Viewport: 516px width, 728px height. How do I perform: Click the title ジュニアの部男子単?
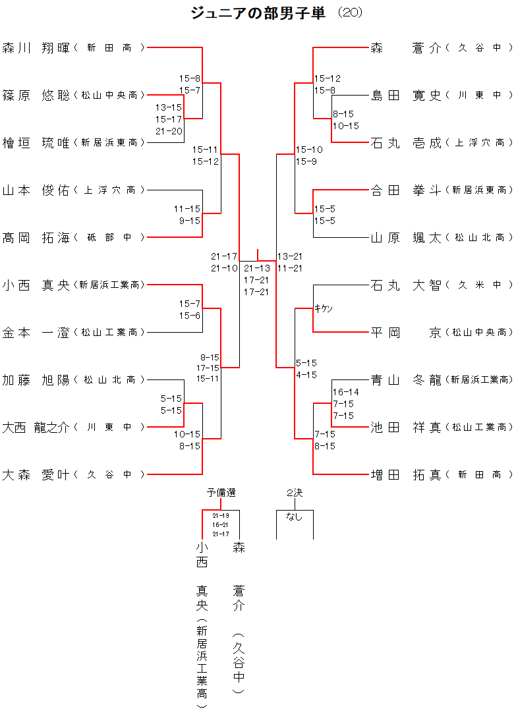(x=258, y=13)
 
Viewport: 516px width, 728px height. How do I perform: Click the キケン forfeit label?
(x=324, y=308)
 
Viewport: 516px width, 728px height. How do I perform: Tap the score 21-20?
(x=169, y=131)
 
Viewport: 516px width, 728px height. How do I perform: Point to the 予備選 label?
(x=221, y=492)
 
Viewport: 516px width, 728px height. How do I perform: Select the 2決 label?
(x=295, y=492)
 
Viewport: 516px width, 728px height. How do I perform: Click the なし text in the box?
(x=294, y=517)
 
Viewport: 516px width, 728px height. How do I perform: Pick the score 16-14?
(x=346, y=392)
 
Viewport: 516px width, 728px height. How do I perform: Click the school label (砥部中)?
(x=109, y=237)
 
